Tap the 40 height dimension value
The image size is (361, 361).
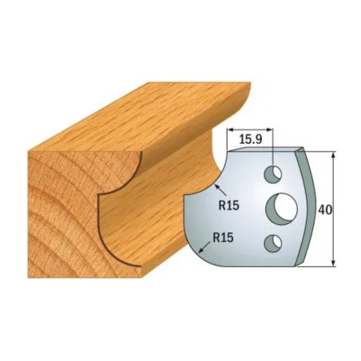pos(325,210)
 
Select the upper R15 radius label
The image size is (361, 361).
pos(229,205)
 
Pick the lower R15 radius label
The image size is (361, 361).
pos(223,238)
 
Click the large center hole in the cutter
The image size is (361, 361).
pos(282,207)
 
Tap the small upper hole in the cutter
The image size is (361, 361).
pos(273,174)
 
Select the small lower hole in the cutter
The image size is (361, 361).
pos(273,243)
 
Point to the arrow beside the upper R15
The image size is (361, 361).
pos(220,190)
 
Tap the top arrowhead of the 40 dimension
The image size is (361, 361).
pos(333,156)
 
